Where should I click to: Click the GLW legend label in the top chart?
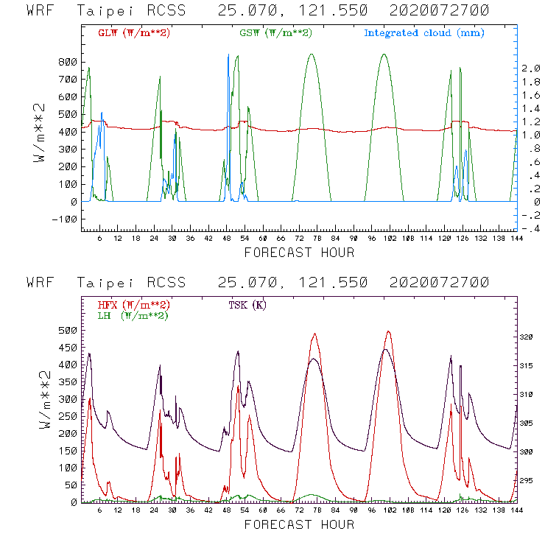[x=133, y=33]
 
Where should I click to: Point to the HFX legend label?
[x=133, y=305]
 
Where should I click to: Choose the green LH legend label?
[x=133, y=315]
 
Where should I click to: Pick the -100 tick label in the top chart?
[x=64, y=219]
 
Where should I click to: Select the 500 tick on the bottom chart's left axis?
[x=67, y=330]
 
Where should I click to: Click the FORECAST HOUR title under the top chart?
[x=299, y=253]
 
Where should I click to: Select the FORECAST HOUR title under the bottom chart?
[x=299, y=524]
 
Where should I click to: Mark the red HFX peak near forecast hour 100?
[x=389, y=331]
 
